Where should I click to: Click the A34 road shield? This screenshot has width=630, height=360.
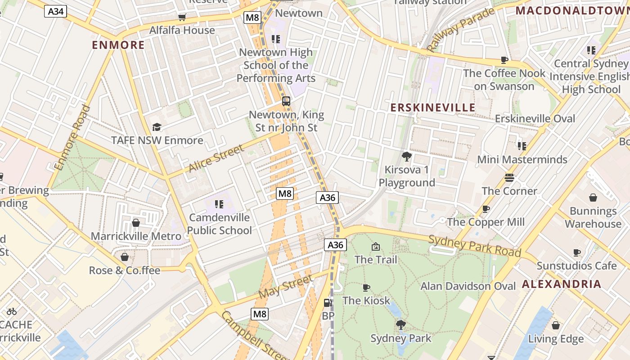click(55, 11)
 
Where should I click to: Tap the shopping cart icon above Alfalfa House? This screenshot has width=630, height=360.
click(182, 18)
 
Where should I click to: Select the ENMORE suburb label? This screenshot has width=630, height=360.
click(118, 45)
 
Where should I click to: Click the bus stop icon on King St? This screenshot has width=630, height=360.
click(286, 101)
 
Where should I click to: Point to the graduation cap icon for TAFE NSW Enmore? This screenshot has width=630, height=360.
click(157, 127)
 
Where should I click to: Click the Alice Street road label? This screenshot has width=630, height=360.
click(216, 158)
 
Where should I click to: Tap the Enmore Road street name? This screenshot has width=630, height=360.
click(72, 137)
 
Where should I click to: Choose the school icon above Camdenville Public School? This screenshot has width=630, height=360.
click(219, 204)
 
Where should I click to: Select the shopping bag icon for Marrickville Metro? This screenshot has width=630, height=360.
click(135, 223)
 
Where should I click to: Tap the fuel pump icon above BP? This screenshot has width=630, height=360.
click(328, 303)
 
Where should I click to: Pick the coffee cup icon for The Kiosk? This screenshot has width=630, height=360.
click(366, 288)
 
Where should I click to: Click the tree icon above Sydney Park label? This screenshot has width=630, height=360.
click(400, 324)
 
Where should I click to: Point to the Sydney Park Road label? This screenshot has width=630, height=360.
click(474, 246)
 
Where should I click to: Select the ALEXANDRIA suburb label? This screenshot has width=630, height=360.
click(561, 284)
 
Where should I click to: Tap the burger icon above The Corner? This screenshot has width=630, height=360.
click(509, 178)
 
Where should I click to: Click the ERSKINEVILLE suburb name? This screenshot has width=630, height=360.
click(432, 107)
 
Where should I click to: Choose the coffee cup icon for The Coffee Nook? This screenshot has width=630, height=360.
click(504, 60)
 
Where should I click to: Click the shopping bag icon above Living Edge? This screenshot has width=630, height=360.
click(556, 325)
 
